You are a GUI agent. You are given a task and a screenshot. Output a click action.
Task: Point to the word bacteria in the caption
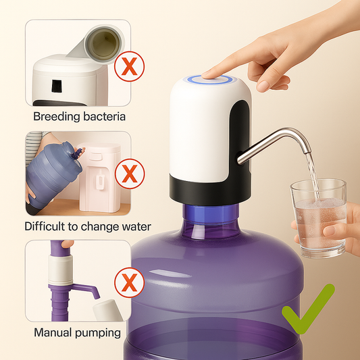[x=104, y=117]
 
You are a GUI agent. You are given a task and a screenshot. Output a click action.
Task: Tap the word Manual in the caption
[x=53, y=332]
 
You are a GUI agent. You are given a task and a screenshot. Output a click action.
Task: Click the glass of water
[x=319, y=220]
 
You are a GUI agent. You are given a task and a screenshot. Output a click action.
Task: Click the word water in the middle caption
[x=132, y=227]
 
